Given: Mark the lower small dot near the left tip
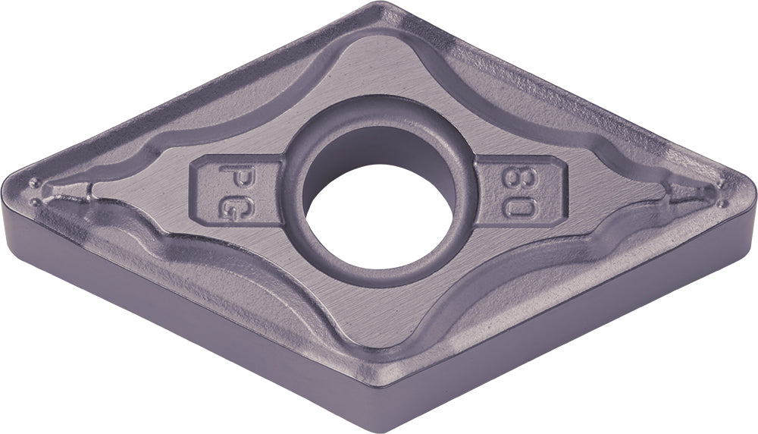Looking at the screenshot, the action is [x=36, y=201].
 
